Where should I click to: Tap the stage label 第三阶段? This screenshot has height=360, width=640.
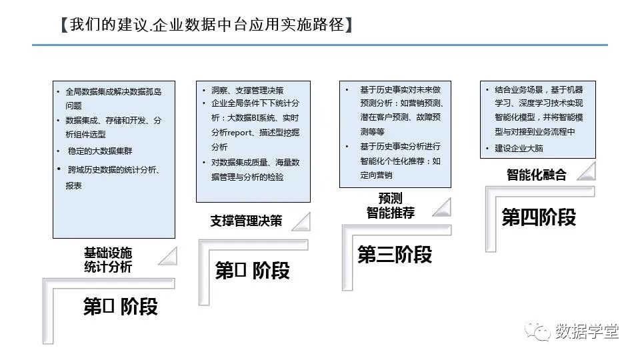(x=395, y=255)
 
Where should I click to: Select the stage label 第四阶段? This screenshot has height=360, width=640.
(x=539, y=217)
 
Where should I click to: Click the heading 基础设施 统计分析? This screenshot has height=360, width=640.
(x=108, y=260)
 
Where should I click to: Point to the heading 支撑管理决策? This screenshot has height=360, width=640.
(x=246, y=221)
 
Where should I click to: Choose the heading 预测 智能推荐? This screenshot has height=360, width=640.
(x=390, y=205)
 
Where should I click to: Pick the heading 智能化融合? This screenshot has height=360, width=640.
(x=536, y=175)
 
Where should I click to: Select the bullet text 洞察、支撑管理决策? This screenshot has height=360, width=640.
(x=247, y=90)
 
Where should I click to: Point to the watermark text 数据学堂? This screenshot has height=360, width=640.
(x=587, y=331)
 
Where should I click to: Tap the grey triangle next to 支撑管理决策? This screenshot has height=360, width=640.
(x=300, y=221)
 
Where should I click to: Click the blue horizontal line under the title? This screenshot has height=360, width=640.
(x=320, y=45)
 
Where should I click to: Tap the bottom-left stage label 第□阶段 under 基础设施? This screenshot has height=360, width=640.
(x=120, y=307)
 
